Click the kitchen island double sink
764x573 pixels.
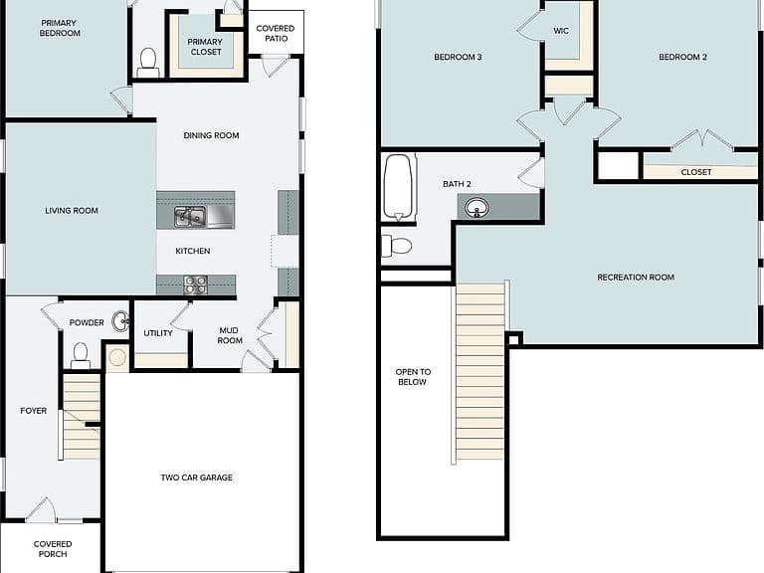point(190,216)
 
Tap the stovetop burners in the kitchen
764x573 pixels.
point(195,285)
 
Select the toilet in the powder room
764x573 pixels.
point(81,356)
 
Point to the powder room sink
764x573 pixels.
point(120,321)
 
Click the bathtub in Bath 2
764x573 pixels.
point(399,187)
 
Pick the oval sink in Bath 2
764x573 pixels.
point(477,208)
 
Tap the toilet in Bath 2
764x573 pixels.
point(396,246)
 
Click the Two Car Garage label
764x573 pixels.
point(196,477)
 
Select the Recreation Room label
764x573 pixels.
point(636,278)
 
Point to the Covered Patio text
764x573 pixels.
point(276,33)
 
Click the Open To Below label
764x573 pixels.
point(413,377)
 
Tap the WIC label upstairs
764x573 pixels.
point(561,31)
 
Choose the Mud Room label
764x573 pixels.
point(229,335)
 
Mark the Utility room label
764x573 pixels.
point(158,333)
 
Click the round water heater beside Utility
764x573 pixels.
point(117,357)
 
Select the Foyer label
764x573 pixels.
point(34,411)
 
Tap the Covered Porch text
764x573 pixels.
point(53,549)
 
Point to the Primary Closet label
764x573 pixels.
point(205,47)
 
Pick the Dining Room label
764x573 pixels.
point(211,135)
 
